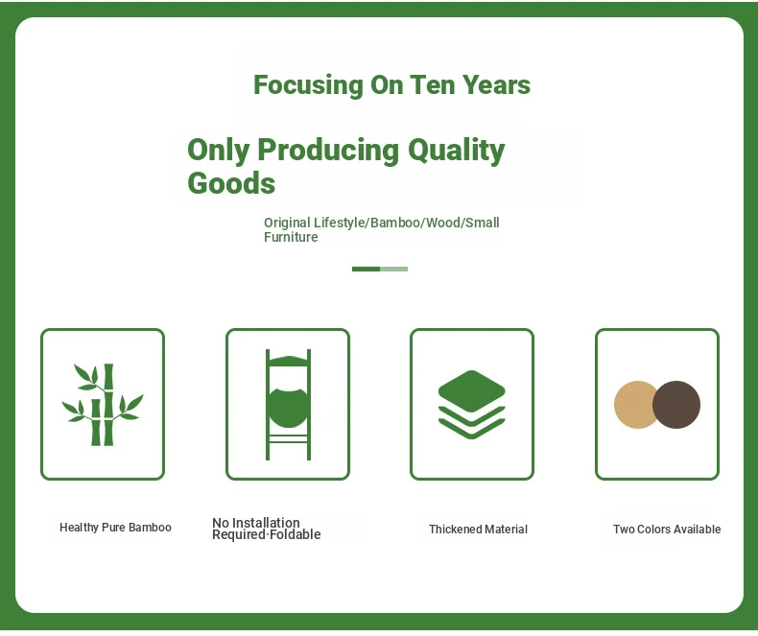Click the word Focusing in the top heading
308,85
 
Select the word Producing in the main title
328,151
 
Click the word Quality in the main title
457,151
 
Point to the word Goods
231,183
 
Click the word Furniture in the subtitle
291,237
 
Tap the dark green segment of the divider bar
366,270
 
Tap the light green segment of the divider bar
394,270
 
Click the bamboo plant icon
103,405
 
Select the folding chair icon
288,405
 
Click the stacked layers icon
472,405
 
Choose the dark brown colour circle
676,405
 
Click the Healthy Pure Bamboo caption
115,528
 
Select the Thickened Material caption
478,530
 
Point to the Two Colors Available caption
667,530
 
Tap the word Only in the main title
219,151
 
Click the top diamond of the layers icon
472,391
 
